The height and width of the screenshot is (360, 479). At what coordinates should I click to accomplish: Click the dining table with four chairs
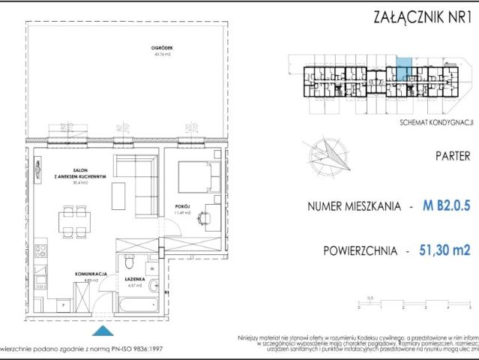click(x=76, y=223)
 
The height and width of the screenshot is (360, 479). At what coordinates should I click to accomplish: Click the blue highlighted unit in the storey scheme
click(x=403, y=70)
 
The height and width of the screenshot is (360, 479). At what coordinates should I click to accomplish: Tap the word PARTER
click(x=452, y=157)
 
